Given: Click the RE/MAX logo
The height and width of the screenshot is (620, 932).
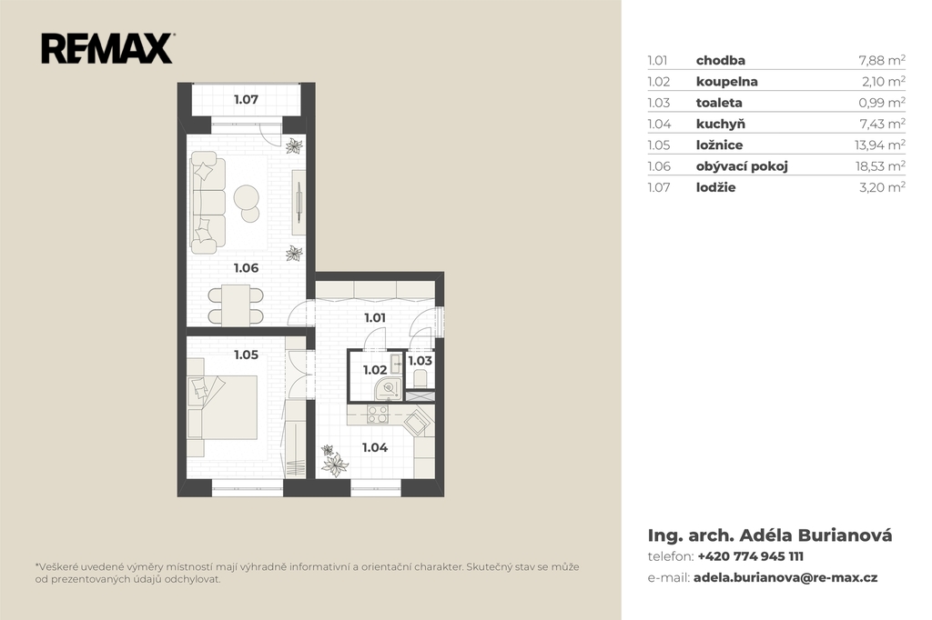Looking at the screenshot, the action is click(x=107, y=48).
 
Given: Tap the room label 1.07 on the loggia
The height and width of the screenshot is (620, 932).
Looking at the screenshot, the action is click(x=246, y=99).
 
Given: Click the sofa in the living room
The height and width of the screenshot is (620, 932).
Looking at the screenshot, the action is click(x=208, y=199).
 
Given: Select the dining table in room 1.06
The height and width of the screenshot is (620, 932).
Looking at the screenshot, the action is click(x=236, y=305).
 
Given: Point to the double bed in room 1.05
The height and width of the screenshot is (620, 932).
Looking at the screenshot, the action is click(x=223, y=407).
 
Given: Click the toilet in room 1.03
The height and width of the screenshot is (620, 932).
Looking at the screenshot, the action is click(x=420, y=377).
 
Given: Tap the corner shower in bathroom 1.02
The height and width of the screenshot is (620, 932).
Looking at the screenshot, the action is click(x=388, y=387).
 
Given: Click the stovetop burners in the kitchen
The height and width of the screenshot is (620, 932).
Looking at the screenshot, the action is click(x=378, y=414).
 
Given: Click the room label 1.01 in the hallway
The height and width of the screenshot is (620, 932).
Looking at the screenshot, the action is click(x=375, y=317).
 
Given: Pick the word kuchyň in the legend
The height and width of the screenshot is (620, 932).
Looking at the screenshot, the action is click(x=721, y=124).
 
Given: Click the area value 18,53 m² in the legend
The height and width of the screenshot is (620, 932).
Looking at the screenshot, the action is click(x=880, y=165).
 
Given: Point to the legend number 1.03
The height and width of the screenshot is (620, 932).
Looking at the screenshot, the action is click(x=659, y=103).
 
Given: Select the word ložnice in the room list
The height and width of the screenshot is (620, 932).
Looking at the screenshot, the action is click(x=719, y=145).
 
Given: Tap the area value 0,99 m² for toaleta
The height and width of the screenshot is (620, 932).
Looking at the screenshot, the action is click(x=882, y=103).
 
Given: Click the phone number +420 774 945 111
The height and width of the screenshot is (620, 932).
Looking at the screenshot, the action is click(x=750, y=556).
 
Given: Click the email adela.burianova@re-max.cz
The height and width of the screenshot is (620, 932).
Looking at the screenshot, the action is click(x=785, y=577).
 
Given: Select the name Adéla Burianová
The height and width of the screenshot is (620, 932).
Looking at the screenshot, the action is click(x=815, y=535).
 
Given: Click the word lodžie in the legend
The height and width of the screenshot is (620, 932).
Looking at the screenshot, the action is click(x=715, y=187).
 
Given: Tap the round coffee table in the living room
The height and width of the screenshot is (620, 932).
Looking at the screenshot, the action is click(x=246, y=198).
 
